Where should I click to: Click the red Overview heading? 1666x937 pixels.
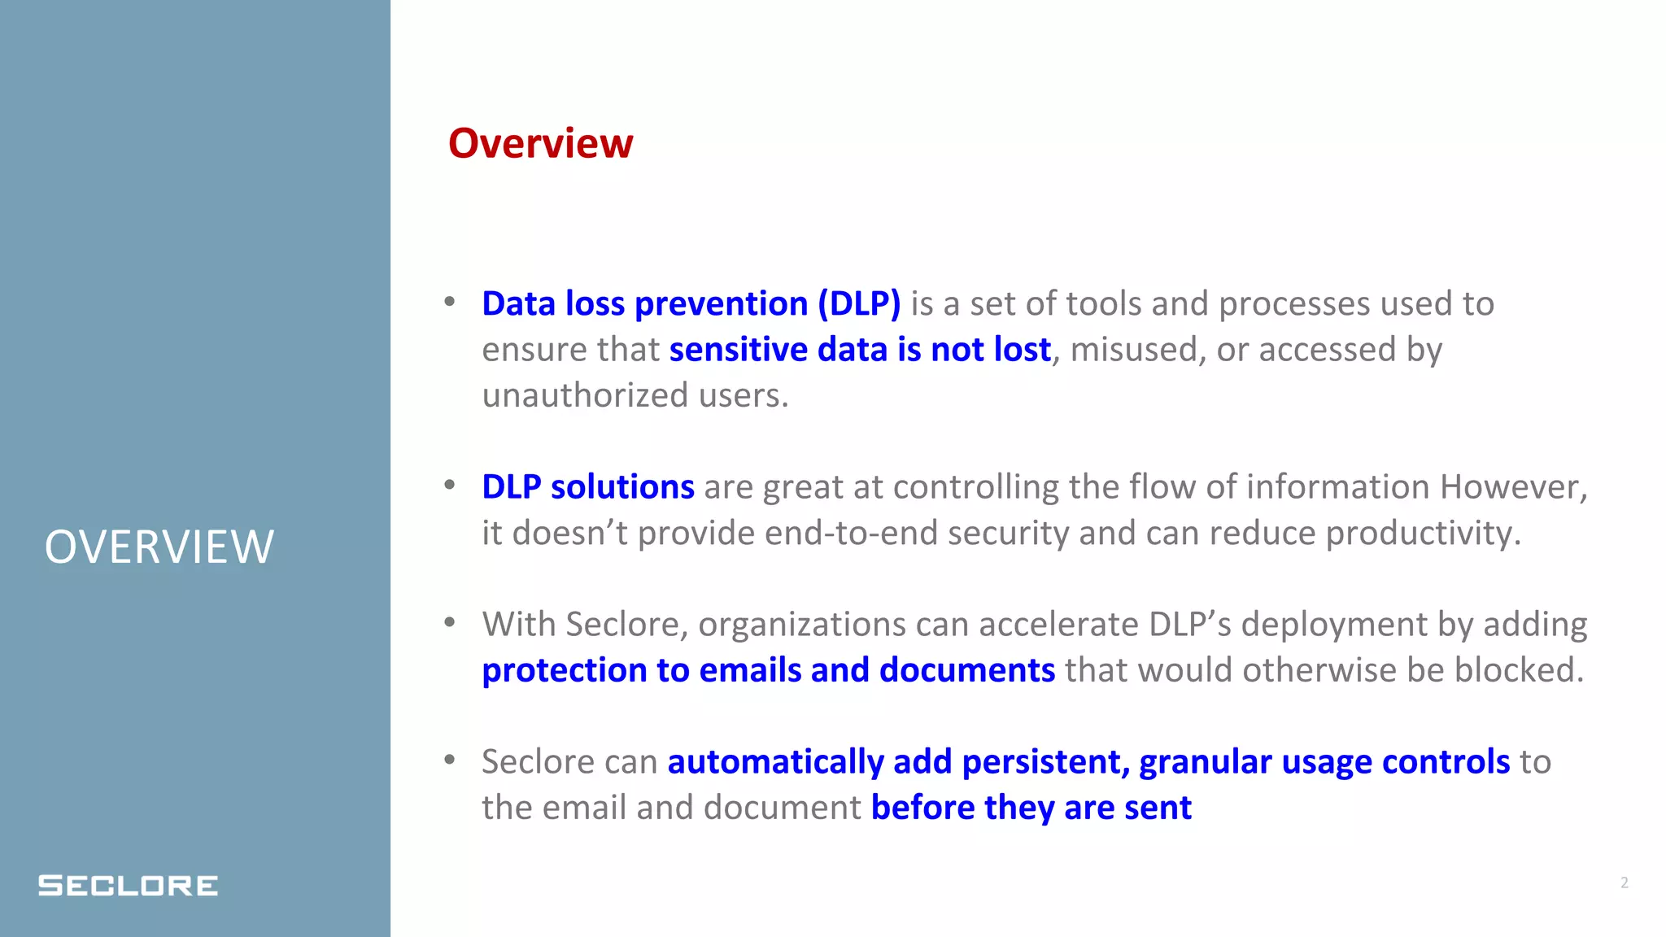[540, 144]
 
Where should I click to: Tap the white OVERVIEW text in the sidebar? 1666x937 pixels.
[159, 547]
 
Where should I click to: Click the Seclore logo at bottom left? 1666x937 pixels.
[128, 885]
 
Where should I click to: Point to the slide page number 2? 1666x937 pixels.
[1624, 883]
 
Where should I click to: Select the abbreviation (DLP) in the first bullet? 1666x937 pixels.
[859, 304]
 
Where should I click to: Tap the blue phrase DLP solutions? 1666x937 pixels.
[587, 487]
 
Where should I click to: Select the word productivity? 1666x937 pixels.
[1423, 534]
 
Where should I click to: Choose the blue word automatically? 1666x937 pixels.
[775, 762]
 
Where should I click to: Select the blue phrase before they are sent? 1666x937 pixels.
[1031, 808]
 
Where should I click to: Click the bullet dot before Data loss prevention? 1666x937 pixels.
[450, 303]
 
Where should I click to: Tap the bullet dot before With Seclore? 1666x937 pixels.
[450, 623]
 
